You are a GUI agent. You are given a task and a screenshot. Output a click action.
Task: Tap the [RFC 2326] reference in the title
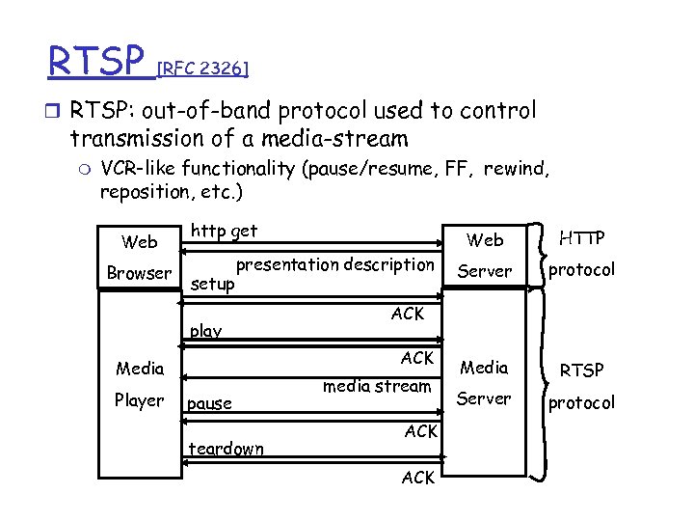pos(203,69)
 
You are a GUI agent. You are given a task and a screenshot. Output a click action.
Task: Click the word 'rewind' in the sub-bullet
pos(514,170)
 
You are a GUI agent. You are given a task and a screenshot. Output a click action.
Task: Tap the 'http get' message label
pos(224,232)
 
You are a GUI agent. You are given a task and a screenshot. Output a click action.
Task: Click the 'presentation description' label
pos(335,264)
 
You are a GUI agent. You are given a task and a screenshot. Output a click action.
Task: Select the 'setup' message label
pos(212,286)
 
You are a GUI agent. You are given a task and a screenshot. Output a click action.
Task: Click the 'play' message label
pos(205,331)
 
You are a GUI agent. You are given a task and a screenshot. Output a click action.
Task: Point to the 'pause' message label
pos(210,403)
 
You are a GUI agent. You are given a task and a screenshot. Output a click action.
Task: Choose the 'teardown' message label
pos(227,449)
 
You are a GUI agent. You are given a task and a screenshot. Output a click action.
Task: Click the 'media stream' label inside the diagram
pos(377,387)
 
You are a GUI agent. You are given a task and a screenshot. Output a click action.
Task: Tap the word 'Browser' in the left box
pos(139,273)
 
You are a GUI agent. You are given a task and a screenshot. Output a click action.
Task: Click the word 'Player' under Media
pos(140,400)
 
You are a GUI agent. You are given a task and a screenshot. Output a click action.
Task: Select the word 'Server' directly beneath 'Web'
pos(484,271)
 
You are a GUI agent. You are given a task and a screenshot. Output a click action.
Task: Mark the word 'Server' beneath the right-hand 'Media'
pos(484,398)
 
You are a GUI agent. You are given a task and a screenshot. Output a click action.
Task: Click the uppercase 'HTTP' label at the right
pos(581,236)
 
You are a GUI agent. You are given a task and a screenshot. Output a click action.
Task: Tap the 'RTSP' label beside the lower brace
pos(581,370)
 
